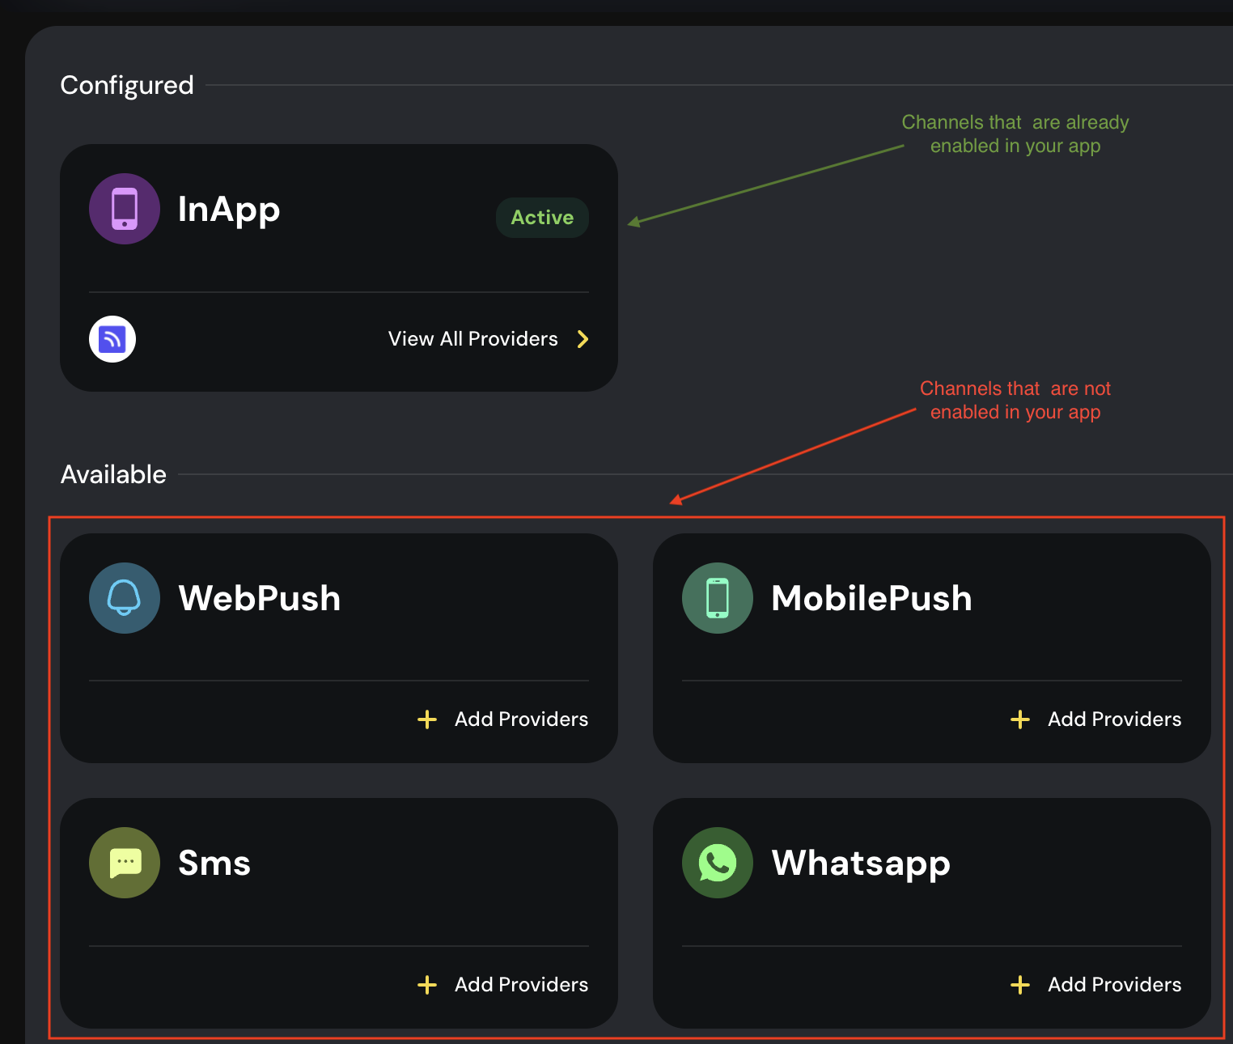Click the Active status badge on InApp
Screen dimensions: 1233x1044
click(541, 217)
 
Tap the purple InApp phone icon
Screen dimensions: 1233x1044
click(124, 209)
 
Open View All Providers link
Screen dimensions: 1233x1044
click(473, 339)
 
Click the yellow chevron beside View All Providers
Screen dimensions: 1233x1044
click(583, 339)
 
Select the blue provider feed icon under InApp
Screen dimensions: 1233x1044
click(112, 339)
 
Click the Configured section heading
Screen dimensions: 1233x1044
click(127, 85)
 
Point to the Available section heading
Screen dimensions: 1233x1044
click(113, 475)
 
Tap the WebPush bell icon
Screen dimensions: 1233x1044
click(124, 598)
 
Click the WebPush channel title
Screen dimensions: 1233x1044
click(260, 598)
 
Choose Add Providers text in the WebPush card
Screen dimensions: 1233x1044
click(521, 719)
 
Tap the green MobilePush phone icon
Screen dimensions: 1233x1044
click(717, 598)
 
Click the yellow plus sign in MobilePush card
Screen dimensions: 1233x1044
click(1020, 719)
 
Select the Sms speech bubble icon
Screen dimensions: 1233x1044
click(124, 863)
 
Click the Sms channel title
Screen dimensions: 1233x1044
click(214, 863)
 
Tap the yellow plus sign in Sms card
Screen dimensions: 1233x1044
click(427, 984)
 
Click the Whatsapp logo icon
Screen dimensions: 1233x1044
click(717, 863)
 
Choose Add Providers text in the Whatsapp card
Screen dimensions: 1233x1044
click(1114, 984)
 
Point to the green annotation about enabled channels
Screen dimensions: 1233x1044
click(1015, 134)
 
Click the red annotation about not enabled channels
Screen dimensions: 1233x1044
click(1015, 400)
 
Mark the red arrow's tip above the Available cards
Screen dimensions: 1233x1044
click(670, 503)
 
